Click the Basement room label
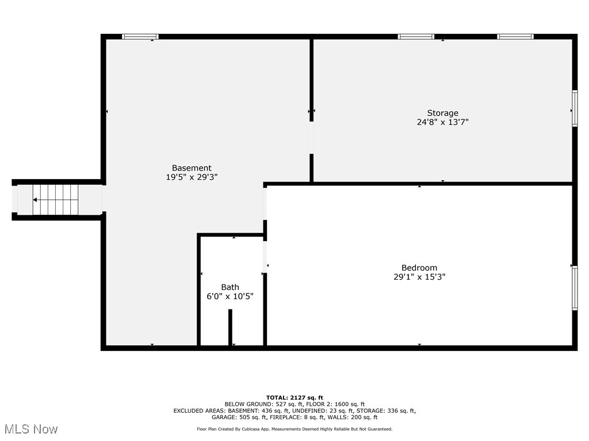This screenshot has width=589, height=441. click(x=192, y=168)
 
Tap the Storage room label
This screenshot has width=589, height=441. click(x=442, y=113)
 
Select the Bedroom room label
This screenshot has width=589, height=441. click(x=419, y=268)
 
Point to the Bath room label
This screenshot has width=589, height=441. click(x=230, y=287)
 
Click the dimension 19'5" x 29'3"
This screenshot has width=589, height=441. click(x=192, y=177)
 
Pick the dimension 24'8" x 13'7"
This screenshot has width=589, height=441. click(x=439, y=122)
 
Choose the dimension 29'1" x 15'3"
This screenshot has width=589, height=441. click(x=419, y=277)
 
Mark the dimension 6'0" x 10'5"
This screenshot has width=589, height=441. click(x=230, y=296)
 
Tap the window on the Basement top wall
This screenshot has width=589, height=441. click(x=140, y=37)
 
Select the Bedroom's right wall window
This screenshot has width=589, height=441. click(x=574, y=288)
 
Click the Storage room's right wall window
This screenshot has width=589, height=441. click(x=574, y=108)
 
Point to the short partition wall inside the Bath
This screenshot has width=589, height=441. click(x=230, y=327)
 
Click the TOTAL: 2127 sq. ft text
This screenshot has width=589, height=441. click(x=294, y=397)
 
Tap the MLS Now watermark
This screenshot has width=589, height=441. click(x=31, y=429)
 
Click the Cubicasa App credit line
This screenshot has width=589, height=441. click(x=294, y=429)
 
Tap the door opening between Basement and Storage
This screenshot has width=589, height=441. click(x=311, y=138)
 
